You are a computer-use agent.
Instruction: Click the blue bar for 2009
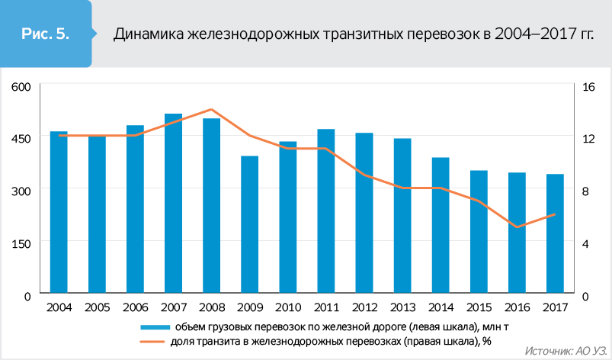pos(250,225)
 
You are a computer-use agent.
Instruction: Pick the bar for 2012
pos(364,214)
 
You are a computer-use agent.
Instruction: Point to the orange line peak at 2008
pos(212,110)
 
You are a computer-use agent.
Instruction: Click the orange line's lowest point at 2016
pos(517,227)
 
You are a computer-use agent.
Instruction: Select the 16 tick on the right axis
pos(588,86)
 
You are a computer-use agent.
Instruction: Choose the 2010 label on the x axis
pos(288,307)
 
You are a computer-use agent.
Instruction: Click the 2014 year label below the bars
pos(441,307)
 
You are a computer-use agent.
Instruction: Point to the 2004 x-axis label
pos(59,307)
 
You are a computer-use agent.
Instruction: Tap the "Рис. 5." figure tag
pos(45,34)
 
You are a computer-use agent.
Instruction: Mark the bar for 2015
pos(479,232)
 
